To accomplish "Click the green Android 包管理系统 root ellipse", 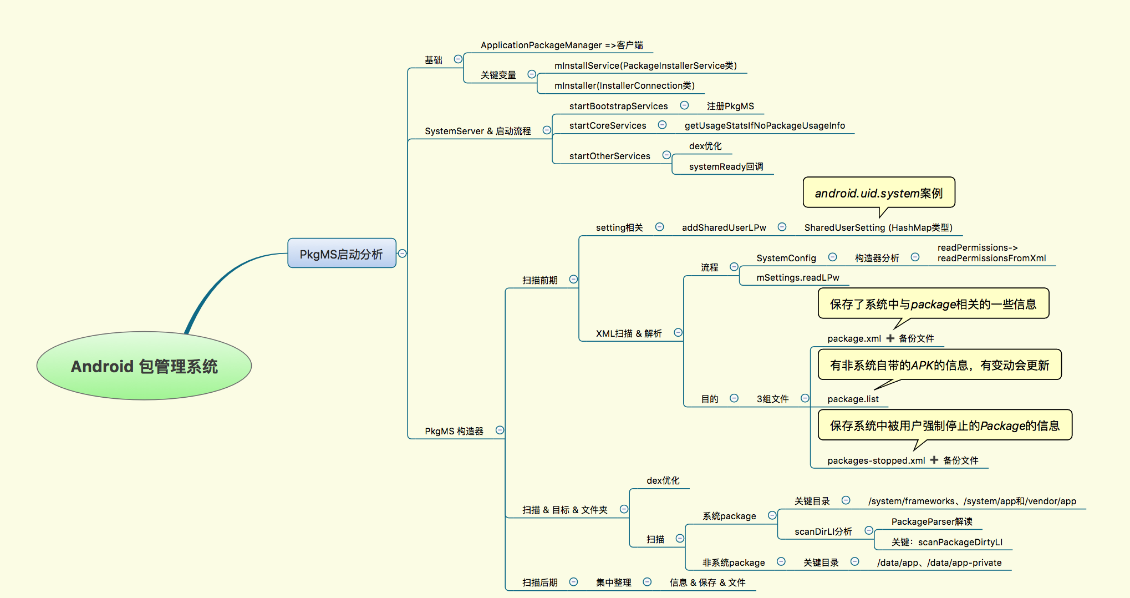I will (x=144, y=366).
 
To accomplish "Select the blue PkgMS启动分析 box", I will (x=342, y=254).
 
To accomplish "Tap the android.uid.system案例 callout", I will (x=879, y=193).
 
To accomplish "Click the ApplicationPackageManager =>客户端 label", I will (x=562, y=45).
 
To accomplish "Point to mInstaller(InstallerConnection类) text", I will (x=624, y=85).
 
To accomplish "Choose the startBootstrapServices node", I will (x=618, y=106).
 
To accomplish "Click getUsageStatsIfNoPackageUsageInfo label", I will (x=765, y=125).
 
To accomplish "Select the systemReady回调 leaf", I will (x=726, y=166).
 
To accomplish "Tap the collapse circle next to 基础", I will (x=458, y=59).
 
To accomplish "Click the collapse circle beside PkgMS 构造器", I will (x=500, y=430).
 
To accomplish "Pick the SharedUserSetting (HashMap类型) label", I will (x=878, y=227).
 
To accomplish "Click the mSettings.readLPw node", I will (x=798, y=277).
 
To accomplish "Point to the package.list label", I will (x=853, y=399).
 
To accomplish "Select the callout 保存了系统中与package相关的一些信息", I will (x=933, y=304).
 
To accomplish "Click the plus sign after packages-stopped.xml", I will (x=934, y=460).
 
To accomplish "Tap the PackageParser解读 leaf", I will (x=932, y=521).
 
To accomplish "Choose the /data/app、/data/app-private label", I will (x=939, y=562).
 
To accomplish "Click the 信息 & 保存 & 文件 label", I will (x=707, y=582).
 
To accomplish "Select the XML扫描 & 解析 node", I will (x=629, y=333).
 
